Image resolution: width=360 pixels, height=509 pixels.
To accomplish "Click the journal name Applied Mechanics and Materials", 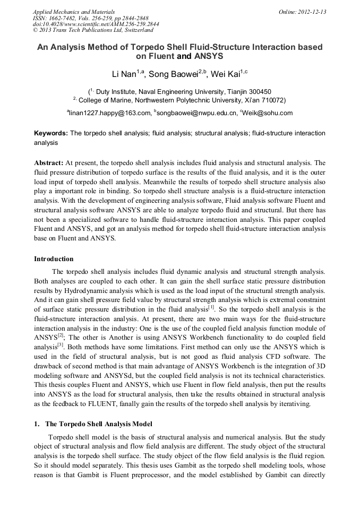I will click(73, 12).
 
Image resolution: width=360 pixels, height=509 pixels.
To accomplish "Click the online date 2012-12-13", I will click(308, 12).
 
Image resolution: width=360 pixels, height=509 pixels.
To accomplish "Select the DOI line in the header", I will click(96, 24).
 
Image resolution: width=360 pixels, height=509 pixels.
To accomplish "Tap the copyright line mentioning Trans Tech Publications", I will click(93, 30).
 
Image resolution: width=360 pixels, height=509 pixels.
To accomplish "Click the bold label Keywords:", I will click(51, 133).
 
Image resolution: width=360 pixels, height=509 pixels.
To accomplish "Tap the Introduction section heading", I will click(54, 259).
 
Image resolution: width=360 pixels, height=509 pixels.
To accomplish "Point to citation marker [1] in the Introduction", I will click(211, 306).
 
